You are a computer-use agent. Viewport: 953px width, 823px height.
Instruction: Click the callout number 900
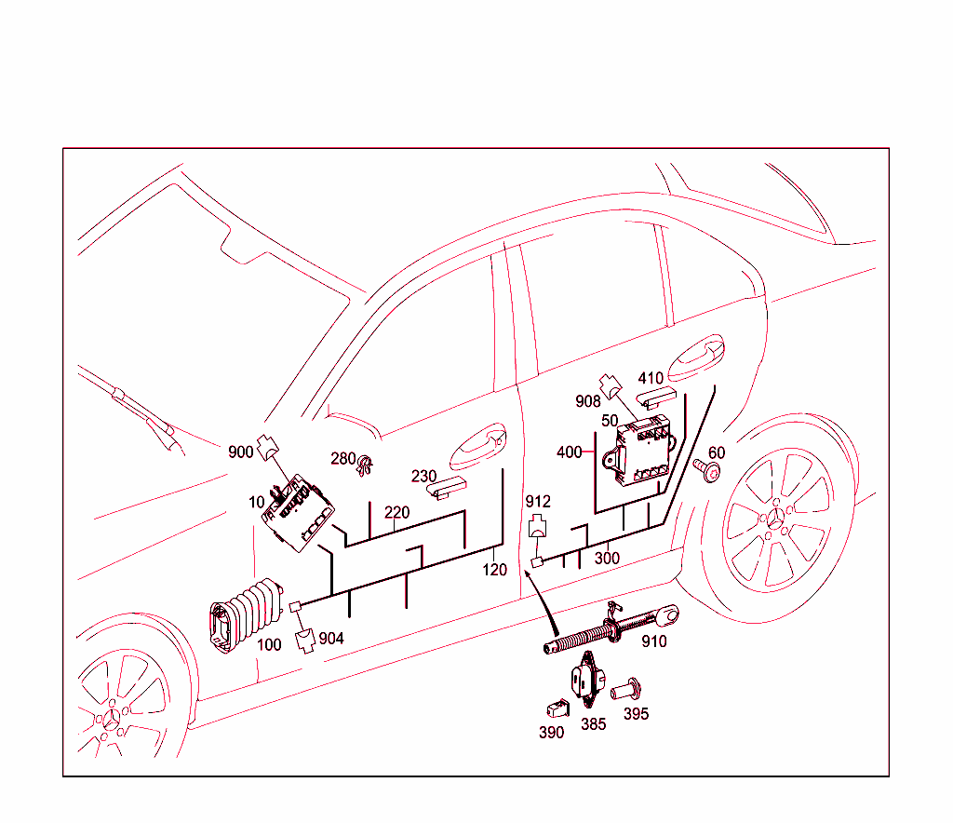[240, 452]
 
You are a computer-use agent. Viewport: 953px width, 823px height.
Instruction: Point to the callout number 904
[331, 638]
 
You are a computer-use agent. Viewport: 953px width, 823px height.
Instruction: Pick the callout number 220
[396, 512]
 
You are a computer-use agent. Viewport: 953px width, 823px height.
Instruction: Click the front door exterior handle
[476, 446]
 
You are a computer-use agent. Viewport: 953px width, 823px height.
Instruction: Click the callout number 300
[607, 558]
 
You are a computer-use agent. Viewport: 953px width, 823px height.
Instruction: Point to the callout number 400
[569, 452]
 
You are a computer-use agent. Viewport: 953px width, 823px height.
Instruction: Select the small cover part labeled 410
[657, 398]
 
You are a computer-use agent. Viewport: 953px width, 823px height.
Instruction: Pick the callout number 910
[654, 641]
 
